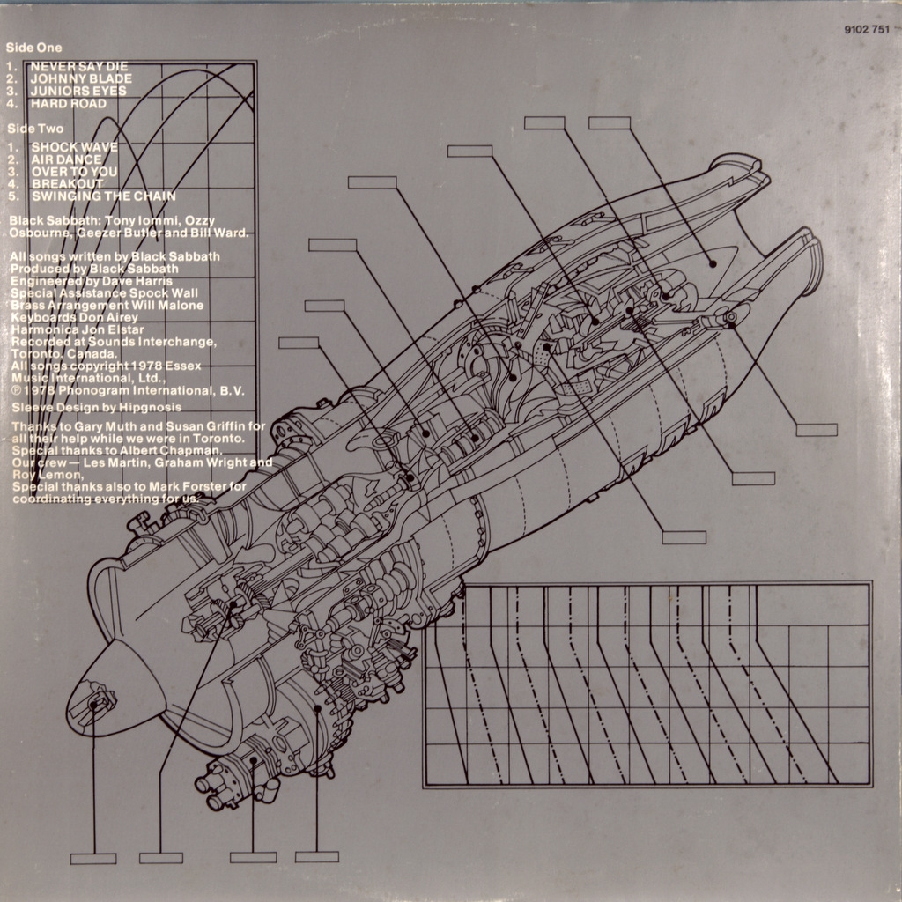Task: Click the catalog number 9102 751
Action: [x=866, y=30]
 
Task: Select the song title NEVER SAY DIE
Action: [x=79, y=66]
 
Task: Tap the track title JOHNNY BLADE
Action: [x=81, y=78]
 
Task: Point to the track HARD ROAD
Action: [x=69, y=103]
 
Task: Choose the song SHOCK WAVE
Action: [x=74, y=147]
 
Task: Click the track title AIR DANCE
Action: [x=67, y=159]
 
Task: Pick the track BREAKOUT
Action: [x=67, y=183]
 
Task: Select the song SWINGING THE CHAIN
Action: [x=103, y=196]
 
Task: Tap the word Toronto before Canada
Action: [x=34, y=354]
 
